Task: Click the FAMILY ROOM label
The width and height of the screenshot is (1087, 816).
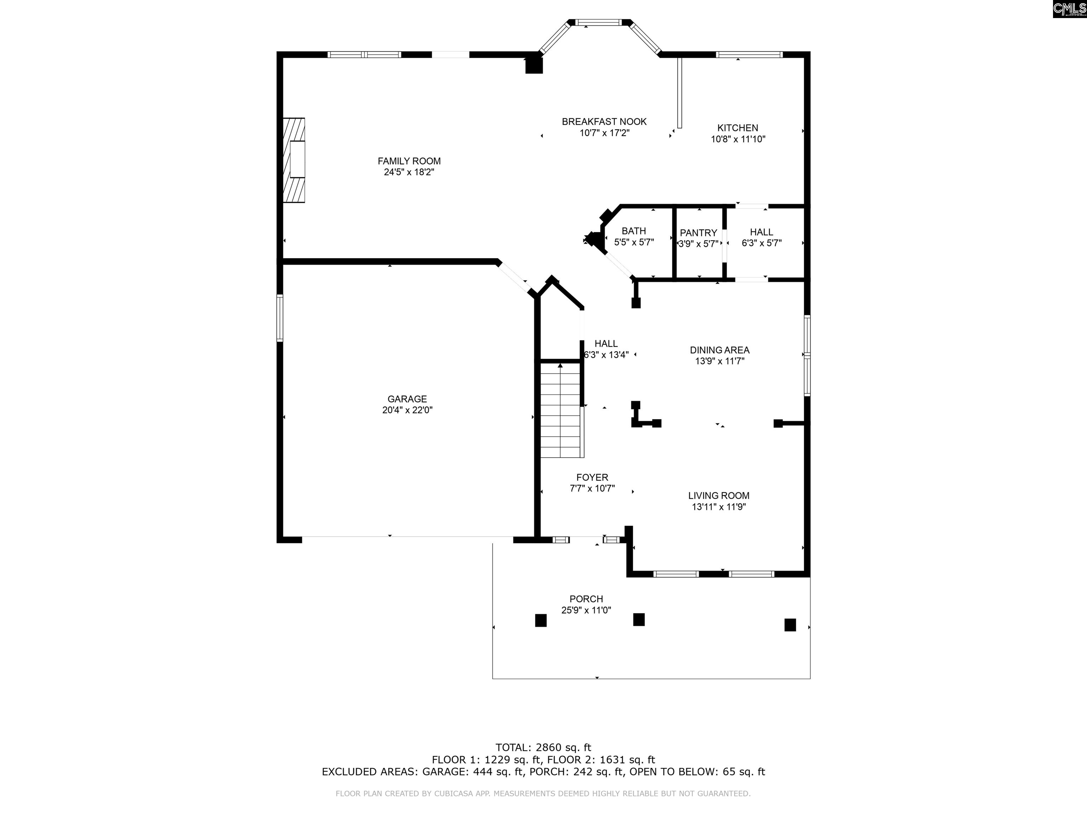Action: point(409,161)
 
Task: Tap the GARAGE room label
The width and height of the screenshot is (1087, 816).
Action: point(407,399)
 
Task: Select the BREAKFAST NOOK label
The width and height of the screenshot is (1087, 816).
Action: point(604,121)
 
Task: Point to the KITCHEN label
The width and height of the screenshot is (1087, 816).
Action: point(738,128)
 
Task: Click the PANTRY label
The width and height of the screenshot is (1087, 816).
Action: point(698,233)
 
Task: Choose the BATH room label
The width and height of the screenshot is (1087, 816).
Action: point(634,231)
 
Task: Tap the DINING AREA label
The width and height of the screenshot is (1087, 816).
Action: point(720,350)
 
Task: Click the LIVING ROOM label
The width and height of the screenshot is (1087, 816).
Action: point(719,495)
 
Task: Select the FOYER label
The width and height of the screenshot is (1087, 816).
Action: point(592,477)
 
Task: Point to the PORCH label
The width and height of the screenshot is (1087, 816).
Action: point(586,599)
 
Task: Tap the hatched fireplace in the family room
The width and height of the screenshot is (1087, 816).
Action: point(294,160)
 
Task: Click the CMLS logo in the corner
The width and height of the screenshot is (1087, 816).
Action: point(1069,9)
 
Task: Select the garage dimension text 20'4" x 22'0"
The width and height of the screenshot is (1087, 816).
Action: point(407,410)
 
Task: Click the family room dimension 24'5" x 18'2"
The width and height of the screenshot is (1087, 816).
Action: point(409,172)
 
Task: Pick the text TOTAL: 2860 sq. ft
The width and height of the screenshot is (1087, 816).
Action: point(543,748)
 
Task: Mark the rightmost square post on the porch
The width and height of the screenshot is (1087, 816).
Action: point(790,625)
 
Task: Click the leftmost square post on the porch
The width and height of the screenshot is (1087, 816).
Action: point(540,620)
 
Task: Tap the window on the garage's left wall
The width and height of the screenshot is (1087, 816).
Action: point(280,318)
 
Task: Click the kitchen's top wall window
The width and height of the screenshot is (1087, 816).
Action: point(749,55)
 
